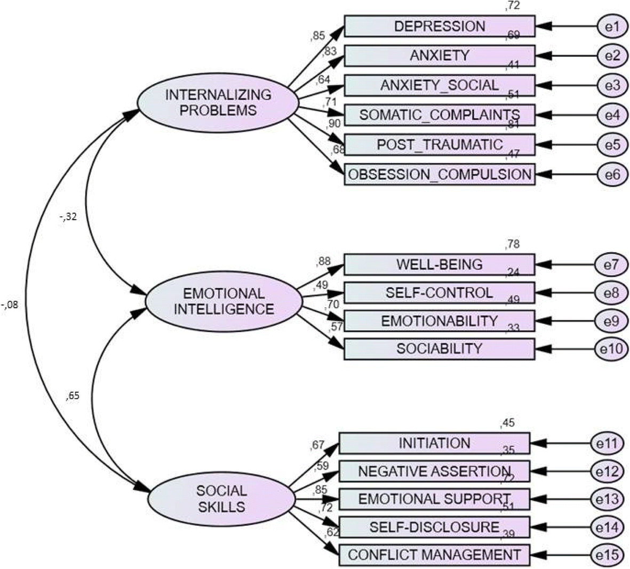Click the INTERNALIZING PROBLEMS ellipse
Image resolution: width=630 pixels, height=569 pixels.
(x=218, y=102)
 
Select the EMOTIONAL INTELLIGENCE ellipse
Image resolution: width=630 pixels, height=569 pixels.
(x=224, y=301)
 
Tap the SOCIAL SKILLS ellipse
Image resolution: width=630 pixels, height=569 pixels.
(x=221, y=499)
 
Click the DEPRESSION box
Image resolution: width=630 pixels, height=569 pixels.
(x=439, y=26)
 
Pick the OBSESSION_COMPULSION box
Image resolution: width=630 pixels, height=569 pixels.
(x=439, y=174)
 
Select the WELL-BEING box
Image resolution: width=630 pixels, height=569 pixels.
(x=439, y=265)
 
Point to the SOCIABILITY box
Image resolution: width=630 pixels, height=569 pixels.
(x=439, y=349)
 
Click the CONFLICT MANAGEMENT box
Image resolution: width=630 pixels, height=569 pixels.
(x=434, y=555)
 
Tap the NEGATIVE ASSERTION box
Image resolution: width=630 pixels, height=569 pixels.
(x=434, y=471)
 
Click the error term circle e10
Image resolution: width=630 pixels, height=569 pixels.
(x=611, y=349)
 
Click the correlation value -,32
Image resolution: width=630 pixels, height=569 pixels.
(x=68, y=217)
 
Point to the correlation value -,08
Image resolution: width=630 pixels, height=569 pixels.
(x=10, y=305)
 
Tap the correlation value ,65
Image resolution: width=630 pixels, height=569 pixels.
(x=73, y=396)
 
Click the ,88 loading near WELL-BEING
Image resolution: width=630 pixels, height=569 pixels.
(x=323, y=261)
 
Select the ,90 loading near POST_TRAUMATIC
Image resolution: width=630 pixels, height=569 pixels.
(x=334, y=124)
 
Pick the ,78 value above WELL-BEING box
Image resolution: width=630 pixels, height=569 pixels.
(x=512, y=245)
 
